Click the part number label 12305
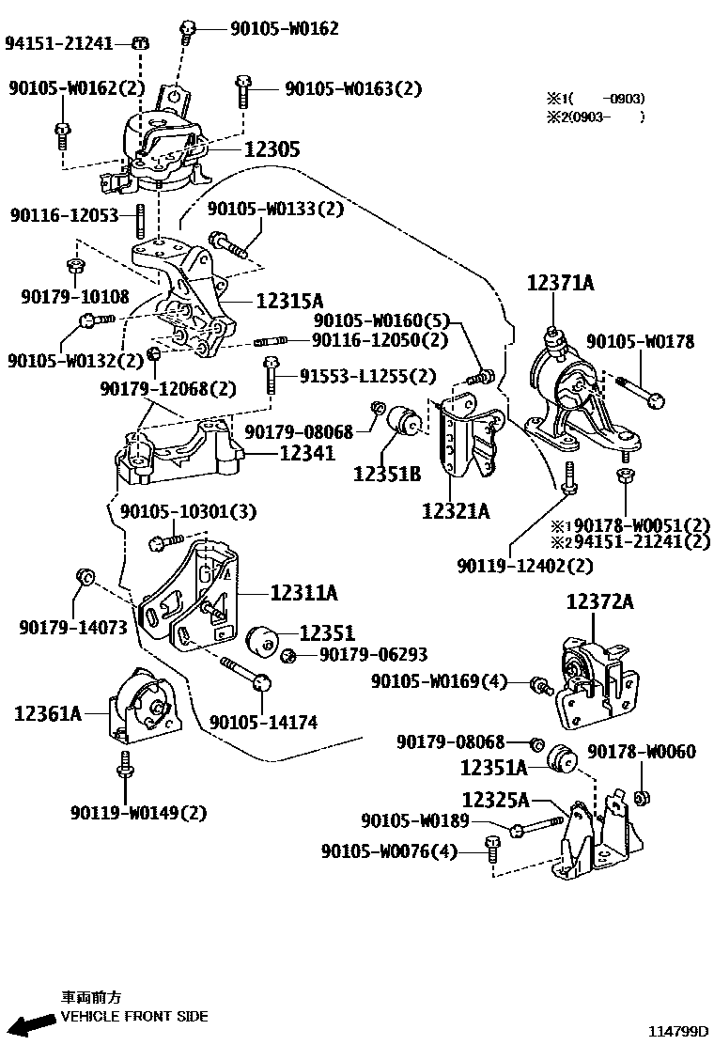[x=272, y=148]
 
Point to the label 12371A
[x=561, y=283]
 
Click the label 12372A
[x=599, y=602]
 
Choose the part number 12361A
[x=48, y=714]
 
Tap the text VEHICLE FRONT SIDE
[x=134, y=1016]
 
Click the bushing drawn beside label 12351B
[x=410, y=420]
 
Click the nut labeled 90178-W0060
[x=642, y=799]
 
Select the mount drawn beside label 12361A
[x=143, y=707]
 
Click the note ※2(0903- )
[x=595, y=117]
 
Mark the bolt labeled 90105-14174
[x=245, y=674]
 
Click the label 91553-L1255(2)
[x=368, y=376]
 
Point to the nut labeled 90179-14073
[x=84, y=575]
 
